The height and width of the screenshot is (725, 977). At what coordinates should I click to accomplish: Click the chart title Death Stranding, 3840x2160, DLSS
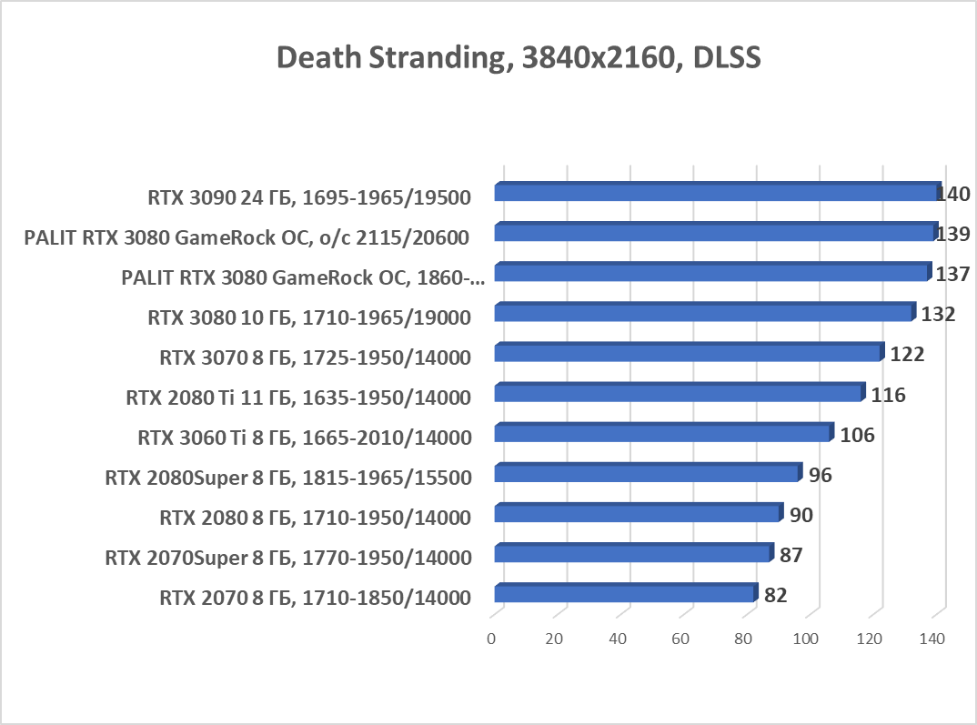tap(518, 57)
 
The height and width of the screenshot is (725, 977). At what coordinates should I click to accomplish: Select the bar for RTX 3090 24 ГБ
tap(717, 193)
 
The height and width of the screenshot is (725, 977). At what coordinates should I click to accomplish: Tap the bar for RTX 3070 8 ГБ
tap(688, 353)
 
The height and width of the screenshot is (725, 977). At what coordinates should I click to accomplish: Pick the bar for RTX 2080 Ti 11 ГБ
tap(678, 393)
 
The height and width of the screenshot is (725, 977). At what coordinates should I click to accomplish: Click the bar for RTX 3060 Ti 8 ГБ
tap(662, 433)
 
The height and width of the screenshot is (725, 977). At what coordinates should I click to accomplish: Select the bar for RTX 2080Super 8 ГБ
tap(647, 474)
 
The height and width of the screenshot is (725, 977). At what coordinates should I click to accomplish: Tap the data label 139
tap(953, 234)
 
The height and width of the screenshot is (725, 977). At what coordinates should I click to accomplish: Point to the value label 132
tap(939, 315)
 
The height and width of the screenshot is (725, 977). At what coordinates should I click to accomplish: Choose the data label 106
tap(857, 435)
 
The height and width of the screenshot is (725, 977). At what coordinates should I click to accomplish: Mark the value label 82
tap(775, 595)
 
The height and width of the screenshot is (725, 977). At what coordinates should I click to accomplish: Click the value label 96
tap(821, 475)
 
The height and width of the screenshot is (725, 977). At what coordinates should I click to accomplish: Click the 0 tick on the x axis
tap(491, 639)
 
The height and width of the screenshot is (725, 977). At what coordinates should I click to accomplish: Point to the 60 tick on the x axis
tap(680, 639)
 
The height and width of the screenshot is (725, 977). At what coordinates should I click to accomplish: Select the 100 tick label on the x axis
tap(806, 639)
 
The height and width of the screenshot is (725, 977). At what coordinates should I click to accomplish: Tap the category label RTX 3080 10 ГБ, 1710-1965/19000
tap(309, 317)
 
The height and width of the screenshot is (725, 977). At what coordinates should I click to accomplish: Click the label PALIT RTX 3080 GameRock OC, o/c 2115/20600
tap(247, 238)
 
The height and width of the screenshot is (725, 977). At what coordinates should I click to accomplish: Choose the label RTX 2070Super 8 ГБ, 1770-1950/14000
tap(288, 558)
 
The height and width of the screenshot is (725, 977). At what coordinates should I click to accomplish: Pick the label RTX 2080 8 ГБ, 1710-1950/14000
tap(315, 518)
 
